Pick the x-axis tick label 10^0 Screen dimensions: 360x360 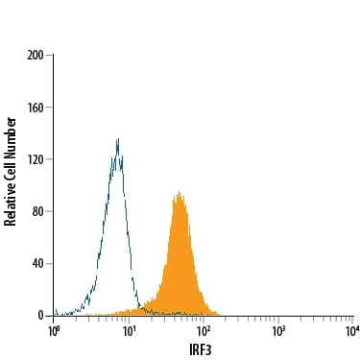click(x=55, y=330)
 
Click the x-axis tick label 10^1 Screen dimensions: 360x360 click(x=129, y=330)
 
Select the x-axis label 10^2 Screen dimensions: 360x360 click(x=204, y=330)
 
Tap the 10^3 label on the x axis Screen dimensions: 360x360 click(x=278, y=330)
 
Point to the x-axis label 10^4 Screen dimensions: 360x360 click(x=352, y=330)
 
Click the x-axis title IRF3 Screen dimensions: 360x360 click(x=203, y=349)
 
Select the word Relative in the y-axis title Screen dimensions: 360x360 click(x=11, y=203)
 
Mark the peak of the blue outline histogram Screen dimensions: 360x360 click(x=117, y=139)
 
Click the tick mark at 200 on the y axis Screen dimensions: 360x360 click(x=51, y=56)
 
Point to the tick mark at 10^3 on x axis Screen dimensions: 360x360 click(x=278, y=318)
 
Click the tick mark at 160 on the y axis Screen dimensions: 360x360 click(x=51, y=108)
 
